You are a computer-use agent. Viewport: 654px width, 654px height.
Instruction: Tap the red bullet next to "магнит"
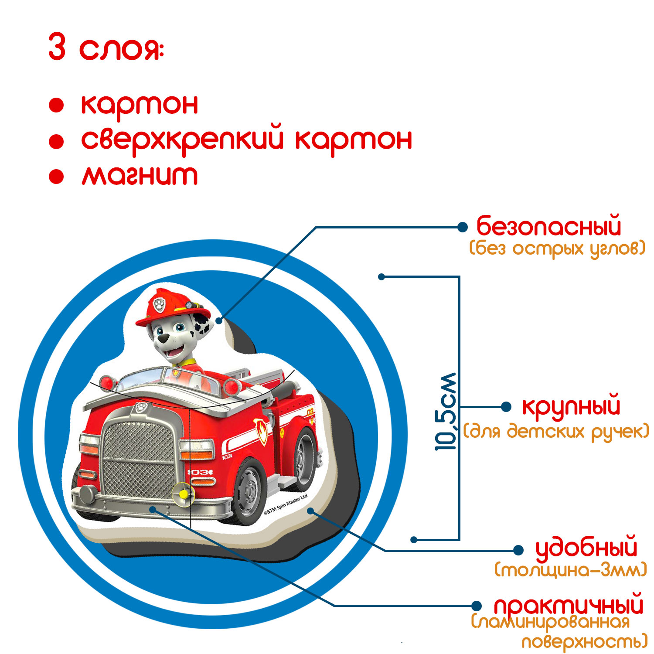57,177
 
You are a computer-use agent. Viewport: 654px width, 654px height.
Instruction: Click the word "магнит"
140,175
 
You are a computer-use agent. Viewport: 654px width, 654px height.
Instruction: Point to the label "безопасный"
548,227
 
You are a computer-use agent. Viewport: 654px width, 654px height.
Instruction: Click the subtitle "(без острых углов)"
557,249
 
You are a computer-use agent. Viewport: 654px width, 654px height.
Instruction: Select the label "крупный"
571,407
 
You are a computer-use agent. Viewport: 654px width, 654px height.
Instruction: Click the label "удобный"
586,548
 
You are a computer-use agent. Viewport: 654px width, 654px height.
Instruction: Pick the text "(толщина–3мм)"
571,570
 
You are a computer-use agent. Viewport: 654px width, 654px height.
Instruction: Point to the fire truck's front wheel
250,490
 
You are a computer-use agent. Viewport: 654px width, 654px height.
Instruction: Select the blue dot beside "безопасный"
462,227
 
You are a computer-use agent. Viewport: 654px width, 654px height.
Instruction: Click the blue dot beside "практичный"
477,605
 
